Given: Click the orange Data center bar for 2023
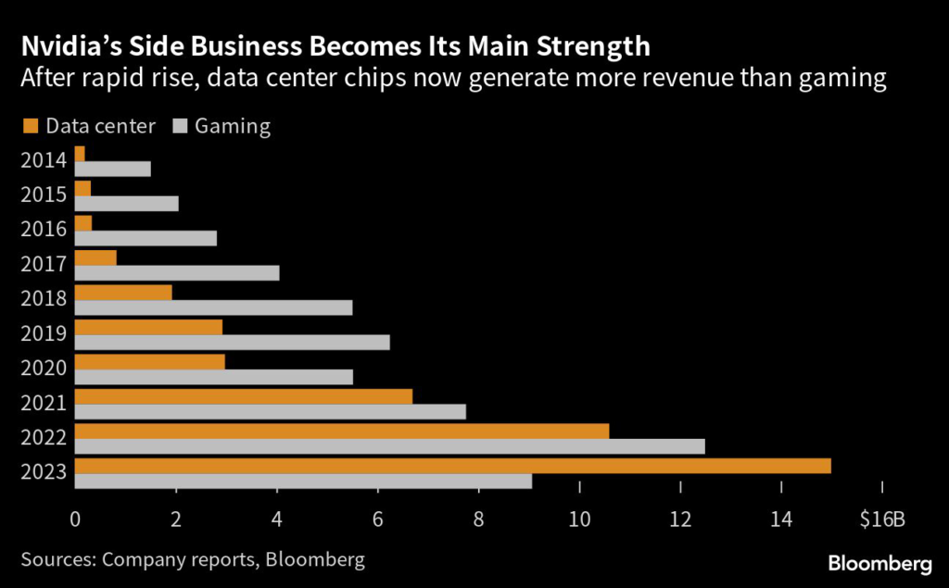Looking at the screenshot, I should tap(452, 466).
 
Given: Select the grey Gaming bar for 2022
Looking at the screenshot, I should tap(389, 446).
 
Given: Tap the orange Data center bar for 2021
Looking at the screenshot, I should tap(243, 396).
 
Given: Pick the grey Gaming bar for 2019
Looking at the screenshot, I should tap(232, 342).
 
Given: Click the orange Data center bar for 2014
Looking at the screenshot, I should tap(80, 154).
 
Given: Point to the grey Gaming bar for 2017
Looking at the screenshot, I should tap(176, 272).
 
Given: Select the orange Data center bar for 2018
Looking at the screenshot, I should tap(123, 293).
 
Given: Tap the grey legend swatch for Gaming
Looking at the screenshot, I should tap(181, 126).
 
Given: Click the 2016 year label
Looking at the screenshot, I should tap(43, 230).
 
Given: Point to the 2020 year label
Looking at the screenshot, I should tap(43, 369).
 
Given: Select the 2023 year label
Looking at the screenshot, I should tap(43, 472).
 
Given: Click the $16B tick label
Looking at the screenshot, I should tap(881, 519).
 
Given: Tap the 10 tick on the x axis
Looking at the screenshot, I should tap(579, 519).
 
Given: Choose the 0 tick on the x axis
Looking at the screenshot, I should tap(75, 519).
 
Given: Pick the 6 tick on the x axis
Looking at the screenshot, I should tap(377, 519).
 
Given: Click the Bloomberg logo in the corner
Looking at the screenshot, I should tap(879, 562).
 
